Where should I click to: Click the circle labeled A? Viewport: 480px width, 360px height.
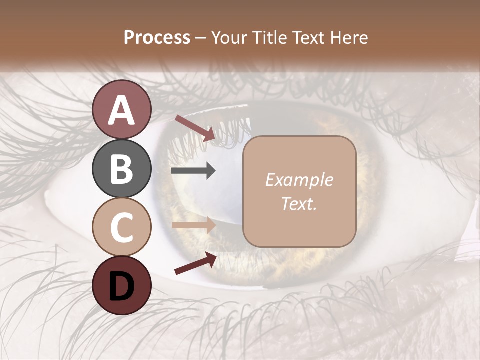(x=122, y=109)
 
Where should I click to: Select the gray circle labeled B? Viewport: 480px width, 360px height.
(x=122, y=168)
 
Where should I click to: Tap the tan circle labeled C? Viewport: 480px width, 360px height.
(x=122, y=227)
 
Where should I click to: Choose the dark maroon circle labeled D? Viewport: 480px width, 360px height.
(x=122, y=285)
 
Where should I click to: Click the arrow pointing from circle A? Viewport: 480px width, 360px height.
(x=195, y=128)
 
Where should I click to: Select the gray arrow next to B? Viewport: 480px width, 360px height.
(x=193, y=171)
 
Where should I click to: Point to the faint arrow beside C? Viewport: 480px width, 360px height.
(x=193, y=225)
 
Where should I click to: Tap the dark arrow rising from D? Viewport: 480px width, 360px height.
(x=195, y=263)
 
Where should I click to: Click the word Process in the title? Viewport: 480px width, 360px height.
(x=157, y=37)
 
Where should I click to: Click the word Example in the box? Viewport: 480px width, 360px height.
(x=299, y=180)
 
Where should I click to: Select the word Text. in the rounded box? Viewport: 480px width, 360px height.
(x=299, y=203)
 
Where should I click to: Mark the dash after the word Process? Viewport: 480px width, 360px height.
(x=200, y=38)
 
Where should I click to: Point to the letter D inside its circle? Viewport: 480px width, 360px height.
(x=122, y=286)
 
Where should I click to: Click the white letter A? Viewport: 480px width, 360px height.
(x=122, y=110)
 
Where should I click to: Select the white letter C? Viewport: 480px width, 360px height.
(x=122, y=227)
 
